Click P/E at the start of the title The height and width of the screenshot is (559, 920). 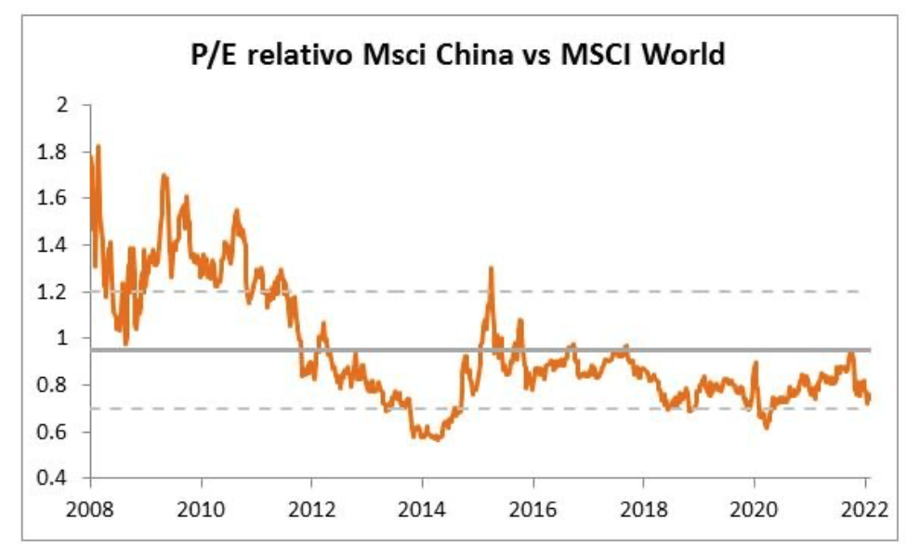coord(207,57)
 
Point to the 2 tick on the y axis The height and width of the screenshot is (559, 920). coord(64,106)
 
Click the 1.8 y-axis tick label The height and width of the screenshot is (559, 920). coord(58,152)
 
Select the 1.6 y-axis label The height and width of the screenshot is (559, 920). coord(58,199)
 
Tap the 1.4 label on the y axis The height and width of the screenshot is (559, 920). coord(58,245)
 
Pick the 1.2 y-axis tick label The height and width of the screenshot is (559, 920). coord(58,292)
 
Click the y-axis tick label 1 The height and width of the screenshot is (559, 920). coord(64,339)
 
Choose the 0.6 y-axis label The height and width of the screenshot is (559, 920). coord(58,432)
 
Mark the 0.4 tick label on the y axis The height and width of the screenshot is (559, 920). coord(58,478)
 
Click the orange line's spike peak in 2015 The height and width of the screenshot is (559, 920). coord(491,268)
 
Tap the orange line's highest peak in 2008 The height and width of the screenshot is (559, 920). coord(98,146)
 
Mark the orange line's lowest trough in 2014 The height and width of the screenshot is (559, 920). coord(436,438)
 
